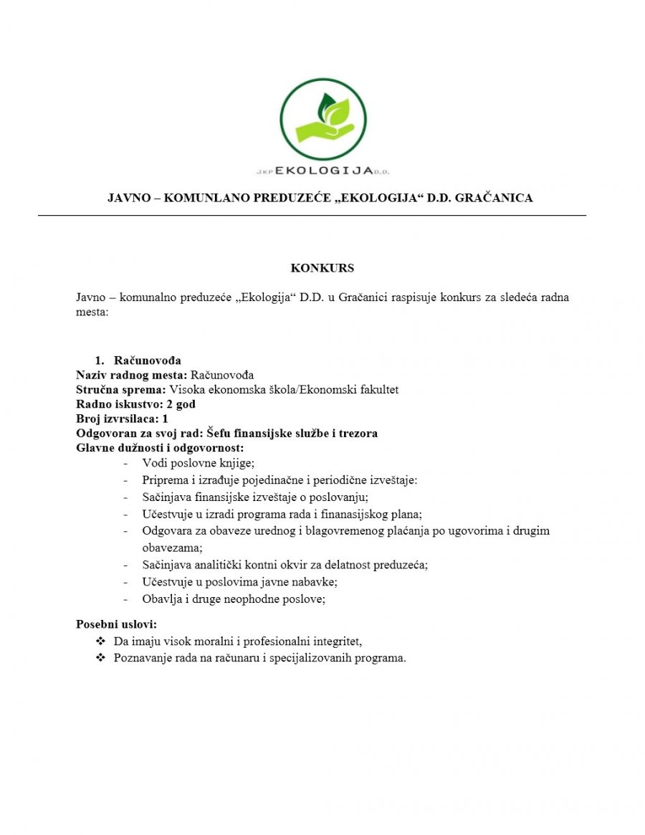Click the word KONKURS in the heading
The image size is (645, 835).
coord(322,269)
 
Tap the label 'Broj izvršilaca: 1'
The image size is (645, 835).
coord(122,419)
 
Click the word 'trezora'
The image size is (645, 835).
coord(356,434)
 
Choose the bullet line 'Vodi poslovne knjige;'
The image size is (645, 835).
coord(199,463)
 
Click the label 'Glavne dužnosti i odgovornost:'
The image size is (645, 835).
coord(161,448)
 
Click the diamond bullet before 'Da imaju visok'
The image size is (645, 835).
coord(100,641)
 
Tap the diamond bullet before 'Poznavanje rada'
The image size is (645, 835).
coord(100,658)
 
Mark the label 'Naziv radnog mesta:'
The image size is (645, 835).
coord(132,375)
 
